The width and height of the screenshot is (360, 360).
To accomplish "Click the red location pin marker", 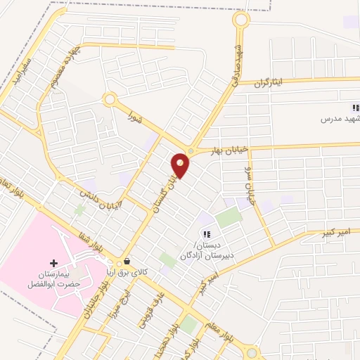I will coord(181,165).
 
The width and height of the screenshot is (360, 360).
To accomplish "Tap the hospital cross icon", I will coord(54,262).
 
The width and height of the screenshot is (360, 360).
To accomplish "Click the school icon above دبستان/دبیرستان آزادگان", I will coord(206,233).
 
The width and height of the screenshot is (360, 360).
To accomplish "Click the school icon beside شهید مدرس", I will coord(356,108).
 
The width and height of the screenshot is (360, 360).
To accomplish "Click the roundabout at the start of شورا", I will coord(109,100).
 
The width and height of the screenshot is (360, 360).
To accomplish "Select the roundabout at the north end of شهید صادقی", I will coord(241,20).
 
